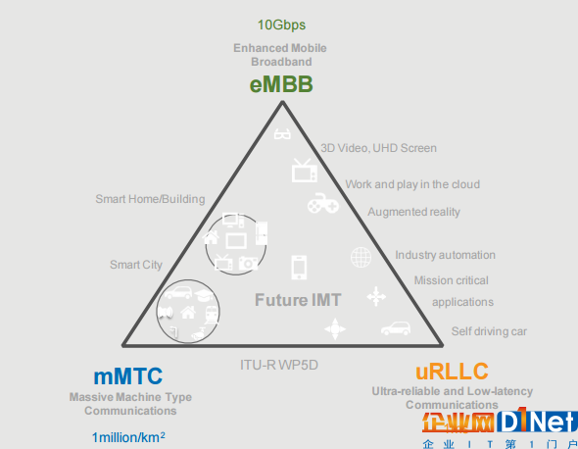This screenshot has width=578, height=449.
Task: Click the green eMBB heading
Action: click(281, 84)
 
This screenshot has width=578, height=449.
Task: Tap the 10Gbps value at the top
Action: click(281, 25)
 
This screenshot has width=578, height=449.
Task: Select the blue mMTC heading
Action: click(128, 375)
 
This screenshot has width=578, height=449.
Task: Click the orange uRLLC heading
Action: click(452, 372)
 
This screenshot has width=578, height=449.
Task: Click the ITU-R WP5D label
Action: click(279, 365)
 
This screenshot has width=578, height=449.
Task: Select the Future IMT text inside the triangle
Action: click(298, 300)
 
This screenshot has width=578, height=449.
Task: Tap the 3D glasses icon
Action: click(282, 133)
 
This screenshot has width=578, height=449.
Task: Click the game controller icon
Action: click(323, 203)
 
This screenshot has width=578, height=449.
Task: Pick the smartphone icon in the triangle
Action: click(299, 267)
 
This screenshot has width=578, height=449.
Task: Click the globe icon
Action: click(361, 257)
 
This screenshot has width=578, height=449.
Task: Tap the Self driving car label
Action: click(489, 331)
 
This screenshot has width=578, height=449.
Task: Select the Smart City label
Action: click(136, 265)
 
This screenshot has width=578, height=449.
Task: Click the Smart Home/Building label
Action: click(150, 199)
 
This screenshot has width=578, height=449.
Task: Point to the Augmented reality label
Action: click(413, 212)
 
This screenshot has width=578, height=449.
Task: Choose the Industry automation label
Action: click(446, 255)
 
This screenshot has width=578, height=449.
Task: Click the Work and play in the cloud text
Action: click(412, 184)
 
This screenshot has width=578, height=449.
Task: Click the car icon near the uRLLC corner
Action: click(396, 328)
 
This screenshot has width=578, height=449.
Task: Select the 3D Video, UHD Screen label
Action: click(378, 148)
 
